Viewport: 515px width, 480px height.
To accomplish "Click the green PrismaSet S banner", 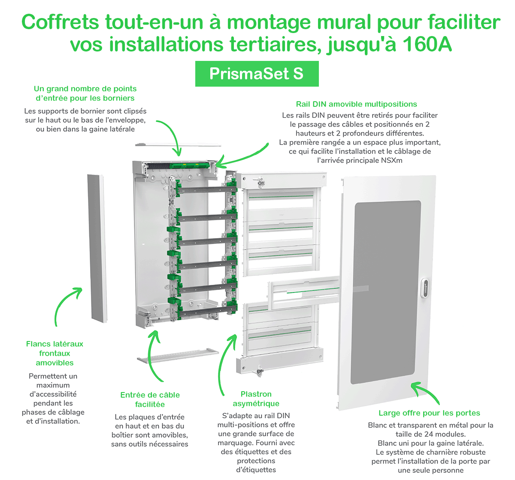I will tap(257, 74).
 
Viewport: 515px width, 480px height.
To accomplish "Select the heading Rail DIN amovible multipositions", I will tap(356, 104).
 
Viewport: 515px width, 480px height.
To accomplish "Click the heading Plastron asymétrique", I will tap(256, 398).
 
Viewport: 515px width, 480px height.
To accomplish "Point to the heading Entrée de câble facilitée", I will tap(150, 399).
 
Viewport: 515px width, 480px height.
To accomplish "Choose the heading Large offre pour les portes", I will tap(429, 413).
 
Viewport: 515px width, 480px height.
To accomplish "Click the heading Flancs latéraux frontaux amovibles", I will tap(55, 353).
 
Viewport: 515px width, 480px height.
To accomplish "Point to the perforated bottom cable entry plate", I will tap(178, 355).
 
